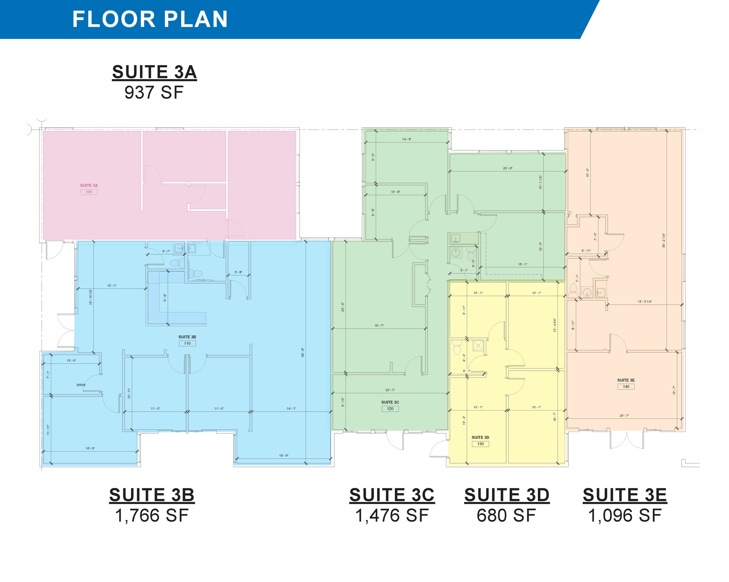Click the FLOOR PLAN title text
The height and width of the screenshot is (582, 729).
click(x=150, y=19)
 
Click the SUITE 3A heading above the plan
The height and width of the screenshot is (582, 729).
click(x=154, y=72)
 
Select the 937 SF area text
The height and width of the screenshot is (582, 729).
click(x=154, y=93)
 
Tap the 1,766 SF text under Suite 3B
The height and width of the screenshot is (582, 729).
click(x=152, y=516)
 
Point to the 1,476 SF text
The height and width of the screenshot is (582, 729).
click(x=392, y=516)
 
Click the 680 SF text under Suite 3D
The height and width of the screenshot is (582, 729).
click(x=506, y=516)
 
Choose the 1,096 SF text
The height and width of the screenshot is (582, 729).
click(x=625, y=516)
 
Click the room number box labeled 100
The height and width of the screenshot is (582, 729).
click(x=89, y=192)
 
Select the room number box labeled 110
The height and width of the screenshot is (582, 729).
click(x=187, y=343)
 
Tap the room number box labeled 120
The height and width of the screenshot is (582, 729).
click(x=390, y=408)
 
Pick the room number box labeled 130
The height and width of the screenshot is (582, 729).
click(x=481, y=444)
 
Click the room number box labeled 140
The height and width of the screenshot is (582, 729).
click(x=626, y=386)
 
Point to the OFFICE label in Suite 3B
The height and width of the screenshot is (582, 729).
click(x=81, y=385)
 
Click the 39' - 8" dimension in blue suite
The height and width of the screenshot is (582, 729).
click(x=303, y=353)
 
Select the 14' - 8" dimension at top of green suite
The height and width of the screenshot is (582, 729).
click(x=407, y=139)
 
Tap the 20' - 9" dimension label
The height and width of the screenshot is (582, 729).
click(x=508, y=168)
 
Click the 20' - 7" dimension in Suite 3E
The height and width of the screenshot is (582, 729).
click(x=624, y=416)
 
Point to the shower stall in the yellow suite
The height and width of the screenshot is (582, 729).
click(x=479, y=345)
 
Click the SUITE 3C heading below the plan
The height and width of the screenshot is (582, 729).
click(x=392, y=495)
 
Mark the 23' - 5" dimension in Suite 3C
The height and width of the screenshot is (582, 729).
click(x=343, y=307)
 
